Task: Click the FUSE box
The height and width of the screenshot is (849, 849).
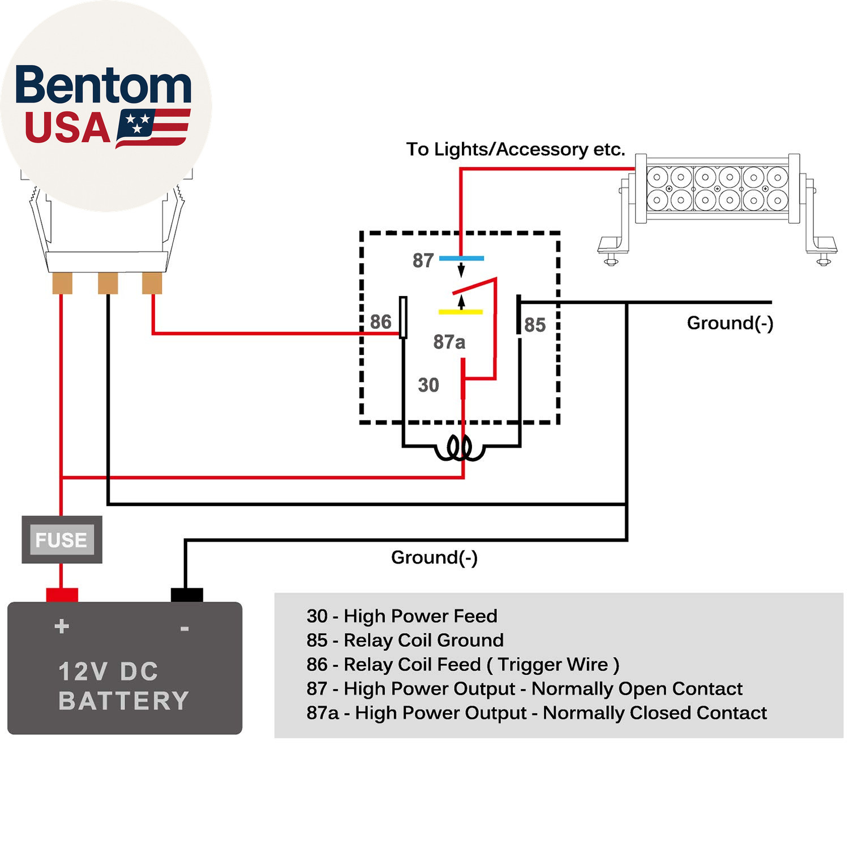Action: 62,539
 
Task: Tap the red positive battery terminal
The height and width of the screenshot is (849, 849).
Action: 62,595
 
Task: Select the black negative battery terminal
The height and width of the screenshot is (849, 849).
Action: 187,595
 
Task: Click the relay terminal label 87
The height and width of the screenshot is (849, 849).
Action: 423,260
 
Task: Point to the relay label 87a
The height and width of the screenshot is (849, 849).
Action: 449,342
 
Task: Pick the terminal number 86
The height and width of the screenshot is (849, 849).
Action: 380,321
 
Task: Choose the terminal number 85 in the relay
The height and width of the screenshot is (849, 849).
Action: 535,325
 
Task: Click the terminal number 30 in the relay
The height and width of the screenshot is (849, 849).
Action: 428,385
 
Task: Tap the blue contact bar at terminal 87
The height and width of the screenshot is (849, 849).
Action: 461,258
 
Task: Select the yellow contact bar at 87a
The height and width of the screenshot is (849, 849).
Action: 461,312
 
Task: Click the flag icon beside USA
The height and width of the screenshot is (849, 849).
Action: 153,128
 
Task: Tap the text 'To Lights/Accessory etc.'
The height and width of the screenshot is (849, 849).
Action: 516,149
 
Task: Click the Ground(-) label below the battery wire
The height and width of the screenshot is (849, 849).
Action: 434,558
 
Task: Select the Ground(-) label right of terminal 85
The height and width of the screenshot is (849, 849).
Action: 730,323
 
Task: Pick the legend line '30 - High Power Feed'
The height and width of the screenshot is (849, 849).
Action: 402,616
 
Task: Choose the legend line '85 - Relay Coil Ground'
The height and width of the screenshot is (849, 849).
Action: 405,640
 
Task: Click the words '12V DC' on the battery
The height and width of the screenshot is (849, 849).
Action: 109,672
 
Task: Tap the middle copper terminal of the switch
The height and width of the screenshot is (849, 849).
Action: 108,283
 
